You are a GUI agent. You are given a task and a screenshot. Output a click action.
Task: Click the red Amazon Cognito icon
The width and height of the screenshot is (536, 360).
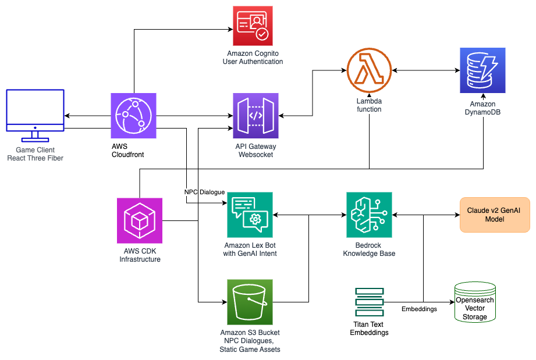(x=253, y=26)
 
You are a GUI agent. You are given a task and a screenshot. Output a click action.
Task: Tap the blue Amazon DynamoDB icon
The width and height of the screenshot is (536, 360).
(x=482, y=70)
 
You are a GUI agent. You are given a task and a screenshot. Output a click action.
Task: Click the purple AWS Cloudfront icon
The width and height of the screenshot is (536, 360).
(x=134, y=115)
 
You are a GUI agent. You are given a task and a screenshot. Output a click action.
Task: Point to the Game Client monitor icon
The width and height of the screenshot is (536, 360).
(x=35, y=115)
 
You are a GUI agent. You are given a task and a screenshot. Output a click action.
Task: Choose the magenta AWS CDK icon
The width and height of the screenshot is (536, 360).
(x=140, y=220)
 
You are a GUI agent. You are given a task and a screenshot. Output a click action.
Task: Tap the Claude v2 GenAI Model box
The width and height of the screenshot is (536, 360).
(x=495, y=215)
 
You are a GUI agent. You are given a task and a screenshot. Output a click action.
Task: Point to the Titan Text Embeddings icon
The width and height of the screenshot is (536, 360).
(x=369, y=302)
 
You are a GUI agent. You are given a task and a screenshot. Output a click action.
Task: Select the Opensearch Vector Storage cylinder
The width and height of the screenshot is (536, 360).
(x=475, y=302)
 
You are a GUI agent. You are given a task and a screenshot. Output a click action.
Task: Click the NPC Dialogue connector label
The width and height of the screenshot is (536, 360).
(x=204, y=192)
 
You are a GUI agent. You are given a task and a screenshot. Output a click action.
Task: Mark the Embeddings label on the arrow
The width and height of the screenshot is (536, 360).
(x=419, y=309)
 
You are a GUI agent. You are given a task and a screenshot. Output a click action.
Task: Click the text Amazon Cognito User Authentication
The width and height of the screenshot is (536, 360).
(x=253, y=58)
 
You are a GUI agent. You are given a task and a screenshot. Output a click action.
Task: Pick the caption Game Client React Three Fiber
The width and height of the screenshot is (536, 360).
(x=35, y=154)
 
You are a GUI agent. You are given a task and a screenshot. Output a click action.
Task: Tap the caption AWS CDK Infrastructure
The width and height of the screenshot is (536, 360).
(x=140, y=255)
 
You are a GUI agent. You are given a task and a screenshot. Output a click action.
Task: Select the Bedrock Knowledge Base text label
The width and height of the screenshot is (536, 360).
(x=369, y=249)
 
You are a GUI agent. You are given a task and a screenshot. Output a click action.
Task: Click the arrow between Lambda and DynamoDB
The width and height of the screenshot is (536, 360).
(x=425, y=70)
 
